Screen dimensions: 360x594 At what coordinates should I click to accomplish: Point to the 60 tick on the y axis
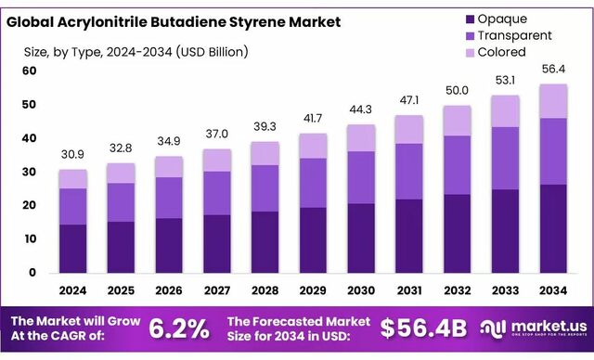tap(29, 71)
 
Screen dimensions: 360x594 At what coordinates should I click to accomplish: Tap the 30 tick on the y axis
tap(29, 172)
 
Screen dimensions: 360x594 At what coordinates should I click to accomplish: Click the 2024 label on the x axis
tap(72, 289)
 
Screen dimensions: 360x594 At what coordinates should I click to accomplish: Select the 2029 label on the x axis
tap(312, 289)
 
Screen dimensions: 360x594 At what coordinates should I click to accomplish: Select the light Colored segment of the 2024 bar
tap(72, 179)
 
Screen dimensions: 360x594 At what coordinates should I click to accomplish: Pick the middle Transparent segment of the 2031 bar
tap(407, 172)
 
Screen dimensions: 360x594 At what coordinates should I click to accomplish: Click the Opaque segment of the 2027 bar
tap(216, 243)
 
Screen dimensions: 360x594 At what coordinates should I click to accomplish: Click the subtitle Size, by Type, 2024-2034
tap(136, 51)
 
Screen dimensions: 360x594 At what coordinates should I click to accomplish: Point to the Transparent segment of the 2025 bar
tap(121, 202)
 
